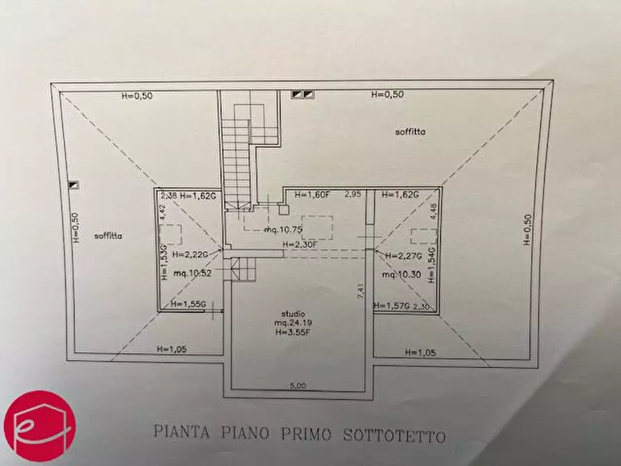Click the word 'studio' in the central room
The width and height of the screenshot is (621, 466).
click(293, 314)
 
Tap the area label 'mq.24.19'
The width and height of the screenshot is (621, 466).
click(293, 323)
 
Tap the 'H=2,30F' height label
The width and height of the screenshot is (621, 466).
click(300, 244)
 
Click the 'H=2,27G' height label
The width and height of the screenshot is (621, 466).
click(401, 255)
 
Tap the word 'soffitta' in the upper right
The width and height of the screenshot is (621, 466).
click(410, 131)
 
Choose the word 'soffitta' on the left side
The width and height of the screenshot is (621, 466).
click(109, 236)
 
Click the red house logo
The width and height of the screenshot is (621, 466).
click(40, 426)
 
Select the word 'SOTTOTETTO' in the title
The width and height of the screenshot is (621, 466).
click(394, 436)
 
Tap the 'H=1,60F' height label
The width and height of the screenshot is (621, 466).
click(311, 195)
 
